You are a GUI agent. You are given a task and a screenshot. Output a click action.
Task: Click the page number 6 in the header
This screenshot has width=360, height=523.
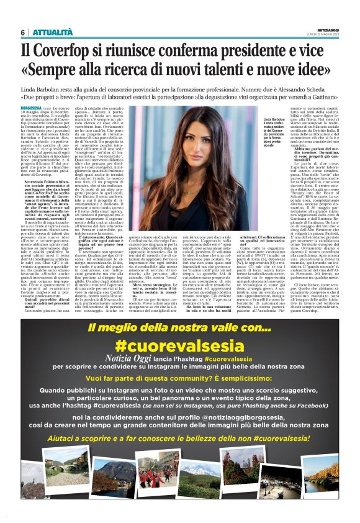point(23,32)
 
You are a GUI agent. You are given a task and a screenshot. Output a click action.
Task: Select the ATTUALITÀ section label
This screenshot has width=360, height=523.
point(49,32)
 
